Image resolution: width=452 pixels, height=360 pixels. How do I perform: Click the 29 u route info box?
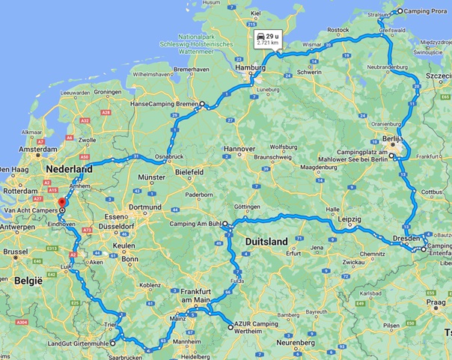coord(267,39)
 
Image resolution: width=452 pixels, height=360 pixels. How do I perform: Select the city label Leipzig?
coord(349,219)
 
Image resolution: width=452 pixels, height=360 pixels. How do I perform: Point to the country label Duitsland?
coord(266,242)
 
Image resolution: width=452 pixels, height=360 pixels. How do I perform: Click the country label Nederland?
coord(68,170)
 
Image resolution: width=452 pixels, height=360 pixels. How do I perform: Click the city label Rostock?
coord(338,29)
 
